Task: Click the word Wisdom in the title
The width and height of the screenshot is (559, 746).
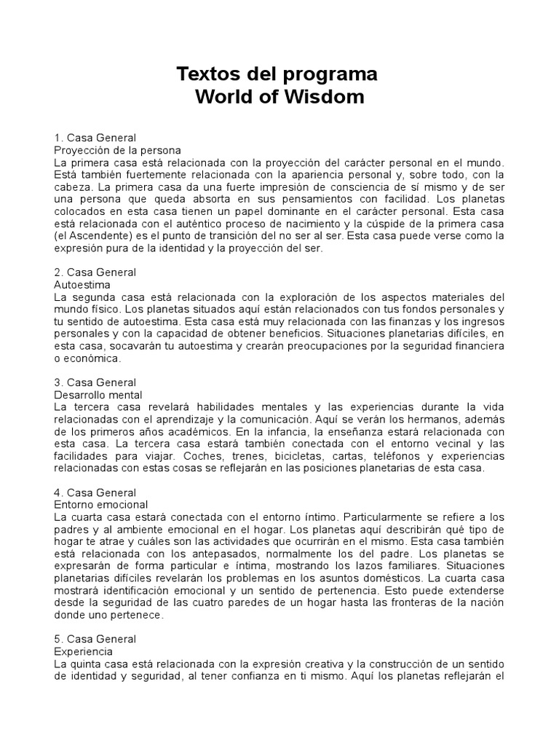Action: tap(326, 96)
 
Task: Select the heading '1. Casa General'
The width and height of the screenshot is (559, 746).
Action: tap(95, 137)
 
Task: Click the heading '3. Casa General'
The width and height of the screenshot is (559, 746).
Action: tap(95, 382)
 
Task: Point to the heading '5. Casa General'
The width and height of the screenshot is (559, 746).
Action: tap(95, 639)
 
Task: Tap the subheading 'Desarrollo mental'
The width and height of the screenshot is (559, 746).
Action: tap(98, 394)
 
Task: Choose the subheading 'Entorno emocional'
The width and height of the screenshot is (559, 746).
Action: tap(101, 504)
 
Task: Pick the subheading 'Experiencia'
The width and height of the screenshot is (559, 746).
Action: tap(84, 651)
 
